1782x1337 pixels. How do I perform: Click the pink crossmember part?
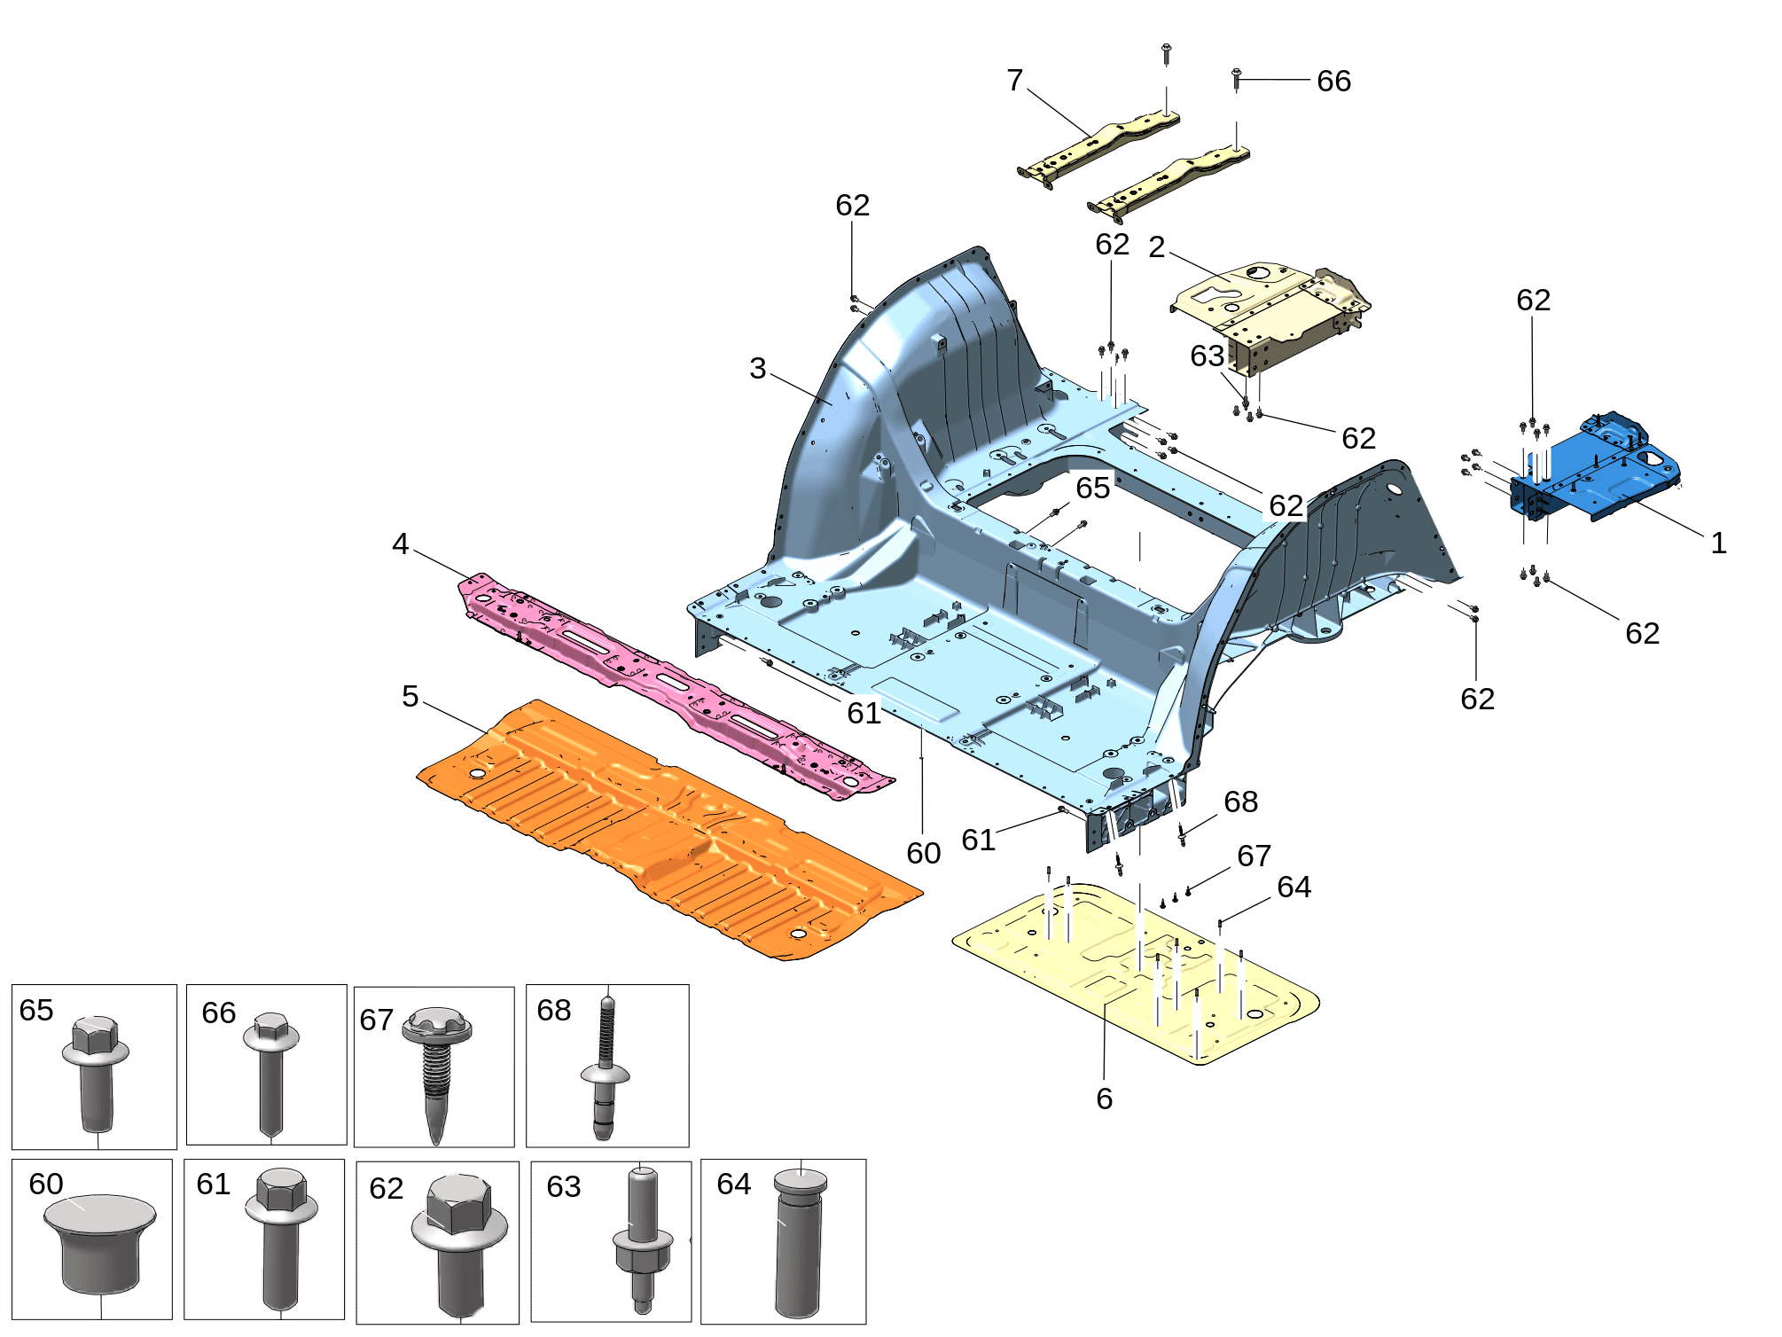[674, 684]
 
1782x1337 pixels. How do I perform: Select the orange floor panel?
[669, 829]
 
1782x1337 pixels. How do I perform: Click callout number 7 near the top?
[1015, 81]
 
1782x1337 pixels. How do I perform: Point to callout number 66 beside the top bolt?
[1333, 82]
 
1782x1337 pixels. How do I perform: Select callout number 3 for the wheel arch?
[757, 368]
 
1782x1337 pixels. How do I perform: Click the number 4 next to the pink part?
[401, 543]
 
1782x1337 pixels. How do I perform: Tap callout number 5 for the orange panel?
[410, 696]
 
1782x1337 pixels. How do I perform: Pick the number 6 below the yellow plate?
[1104, 1099]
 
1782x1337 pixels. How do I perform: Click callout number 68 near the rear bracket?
[1240, 801]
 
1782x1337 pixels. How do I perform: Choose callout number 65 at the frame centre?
[1092, 488]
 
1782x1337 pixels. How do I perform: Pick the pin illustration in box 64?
[799, 1242]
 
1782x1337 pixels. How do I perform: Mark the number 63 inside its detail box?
[564, 1186]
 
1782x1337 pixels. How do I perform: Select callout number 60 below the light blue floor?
[923, 853]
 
